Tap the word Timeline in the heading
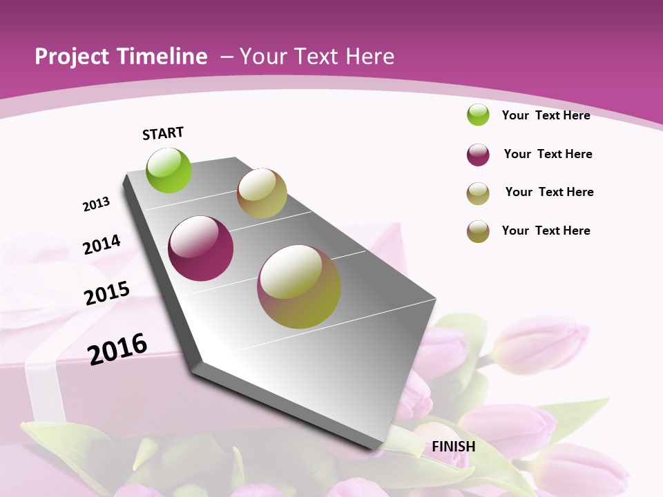[160, 57]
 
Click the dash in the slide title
[227, 57]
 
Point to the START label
[163, 133]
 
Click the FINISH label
[453, 447]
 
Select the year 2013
[97, 204]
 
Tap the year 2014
[102, 244]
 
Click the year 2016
[117, 349]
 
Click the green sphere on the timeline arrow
[169, 170]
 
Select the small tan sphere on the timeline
[262, 193]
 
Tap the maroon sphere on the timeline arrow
[201, 248]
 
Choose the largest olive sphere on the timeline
[299, 286]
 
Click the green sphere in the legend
[478, 115]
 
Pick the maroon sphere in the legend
[478, 155]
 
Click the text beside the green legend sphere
[546, 115]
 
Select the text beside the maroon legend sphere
[548, 154]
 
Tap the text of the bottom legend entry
[546, 231]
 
